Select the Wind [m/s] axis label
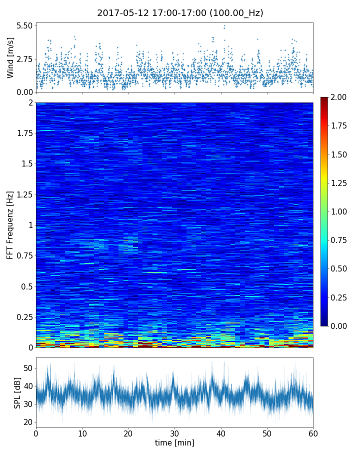click(10, 57)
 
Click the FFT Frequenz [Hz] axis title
click(10, 224)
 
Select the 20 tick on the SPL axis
click(28, 422)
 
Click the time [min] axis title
click(174, 442)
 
